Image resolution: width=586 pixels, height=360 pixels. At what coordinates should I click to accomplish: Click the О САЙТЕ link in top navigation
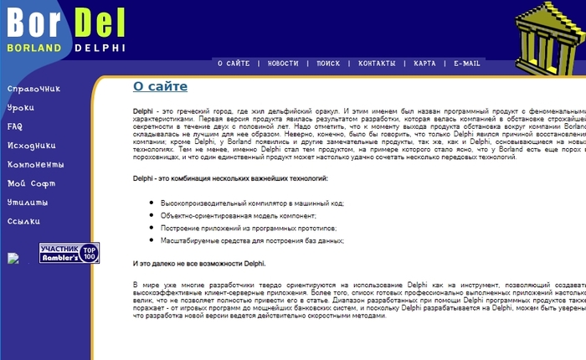[234, 64]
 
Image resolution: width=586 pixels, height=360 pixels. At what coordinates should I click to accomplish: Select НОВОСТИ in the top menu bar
[283, 64]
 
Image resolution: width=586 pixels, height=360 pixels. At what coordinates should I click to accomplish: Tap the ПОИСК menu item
[328, 64]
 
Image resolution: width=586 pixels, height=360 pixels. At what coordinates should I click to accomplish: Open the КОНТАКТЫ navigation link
[377, 64]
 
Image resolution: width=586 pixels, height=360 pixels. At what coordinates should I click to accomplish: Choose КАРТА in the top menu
[424, 64]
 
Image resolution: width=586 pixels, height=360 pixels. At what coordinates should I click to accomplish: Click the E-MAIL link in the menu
[467, 64]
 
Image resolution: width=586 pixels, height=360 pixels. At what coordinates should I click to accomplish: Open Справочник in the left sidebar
[34, 89]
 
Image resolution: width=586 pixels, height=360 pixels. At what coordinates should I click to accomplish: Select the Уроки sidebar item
[21, 108]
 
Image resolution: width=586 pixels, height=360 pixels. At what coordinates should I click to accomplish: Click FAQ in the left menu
[15, 126]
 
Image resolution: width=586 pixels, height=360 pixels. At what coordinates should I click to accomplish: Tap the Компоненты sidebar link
[35, 165]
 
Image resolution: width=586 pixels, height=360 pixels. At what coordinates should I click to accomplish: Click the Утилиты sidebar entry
[27, 203]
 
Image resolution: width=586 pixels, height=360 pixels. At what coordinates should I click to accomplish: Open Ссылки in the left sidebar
[23, 222]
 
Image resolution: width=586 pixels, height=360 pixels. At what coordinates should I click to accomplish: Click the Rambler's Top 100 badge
[69, 254]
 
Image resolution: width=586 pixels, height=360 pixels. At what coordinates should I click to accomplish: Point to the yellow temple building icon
[547, 38]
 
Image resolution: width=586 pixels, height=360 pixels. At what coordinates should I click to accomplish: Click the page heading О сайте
[160, 86]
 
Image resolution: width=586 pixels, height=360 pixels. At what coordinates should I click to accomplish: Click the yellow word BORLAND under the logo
[34, 48]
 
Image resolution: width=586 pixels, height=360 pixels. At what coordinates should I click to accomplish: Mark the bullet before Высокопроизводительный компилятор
[151, 203]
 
